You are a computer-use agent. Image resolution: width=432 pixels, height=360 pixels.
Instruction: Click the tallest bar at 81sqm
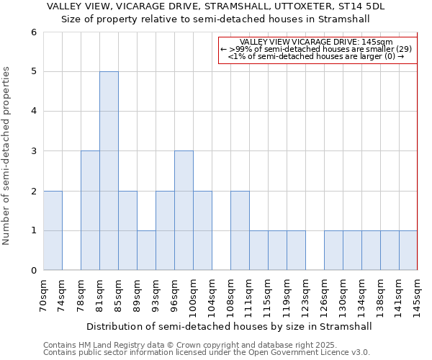[x=109, y=171]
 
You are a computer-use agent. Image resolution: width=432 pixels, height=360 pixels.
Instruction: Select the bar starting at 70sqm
[x=53, y=230]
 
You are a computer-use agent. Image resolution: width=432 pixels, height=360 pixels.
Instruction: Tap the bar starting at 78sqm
[x=90, y=210]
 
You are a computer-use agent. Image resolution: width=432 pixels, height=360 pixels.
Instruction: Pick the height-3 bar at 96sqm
[x=184, y=210]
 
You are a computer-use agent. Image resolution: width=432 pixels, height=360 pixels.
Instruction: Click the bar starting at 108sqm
[x=240, y=230]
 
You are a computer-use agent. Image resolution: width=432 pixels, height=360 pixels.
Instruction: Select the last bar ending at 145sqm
[x=408, y=251]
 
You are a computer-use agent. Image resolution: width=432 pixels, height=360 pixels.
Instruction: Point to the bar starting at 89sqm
[x=146, y=251]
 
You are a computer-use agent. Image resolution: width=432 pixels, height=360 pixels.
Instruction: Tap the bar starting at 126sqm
[x=333, y=251]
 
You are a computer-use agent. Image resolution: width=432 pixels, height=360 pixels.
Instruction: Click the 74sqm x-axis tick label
[x=62, y=293]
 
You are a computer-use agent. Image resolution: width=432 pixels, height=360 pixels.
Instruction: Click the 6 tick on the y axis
[x=33, y=32]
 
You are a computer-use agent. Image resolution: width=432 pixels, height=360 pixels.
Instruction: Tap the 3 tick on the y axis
[x=33, y=151]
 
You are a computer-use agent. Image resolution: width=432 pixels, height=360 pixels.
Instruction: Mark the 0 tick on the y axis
[x=33, y=271]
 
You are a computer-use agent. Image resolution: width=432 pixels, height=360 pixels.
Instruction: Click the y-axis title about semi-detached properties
[x=7, y=156]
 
